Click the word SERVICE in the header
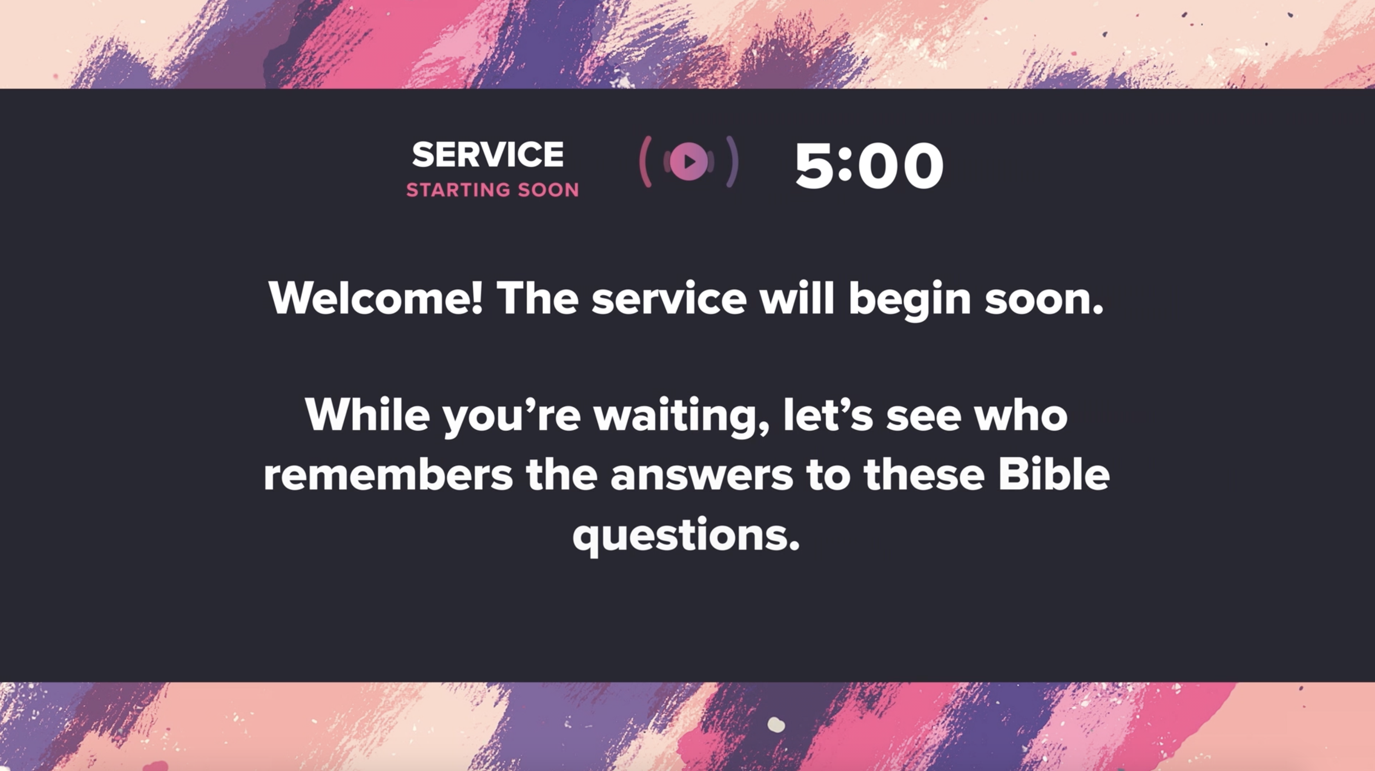[488, 155]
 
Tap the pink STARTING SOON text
[492, 190]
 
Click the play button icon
[689, 161]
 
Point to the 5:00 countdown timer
[869, 166]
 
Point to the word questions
[686, 536]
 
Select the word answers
[702, 476]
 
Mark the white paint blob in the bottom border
[776, 725]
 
